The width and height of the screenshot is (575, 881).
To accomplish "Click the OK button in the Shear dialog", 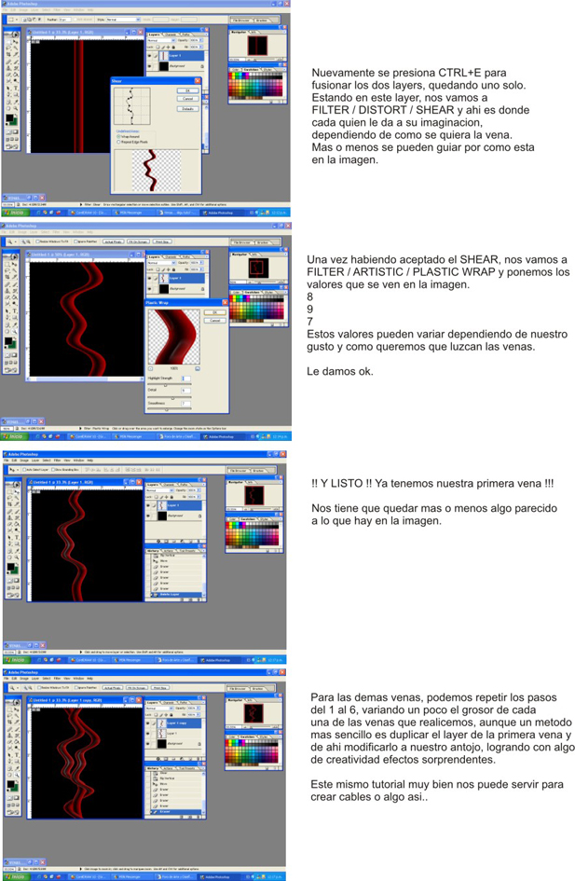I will [x=187, y=90].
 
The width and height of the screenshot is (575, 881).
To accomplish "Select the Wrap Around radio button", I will [x=118, y=136].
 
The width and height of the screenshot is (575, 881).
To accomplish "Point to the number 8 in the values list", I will [x=310, y=297].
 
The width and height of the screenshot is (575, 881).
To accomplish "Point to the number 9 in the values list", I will [x=310, y=310].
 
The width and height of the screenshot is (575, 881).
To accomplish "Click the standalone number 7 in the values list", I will [x=310, y=322].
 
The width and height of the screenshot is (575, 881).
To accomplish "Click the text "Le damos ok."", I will [x=339, y=371].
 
